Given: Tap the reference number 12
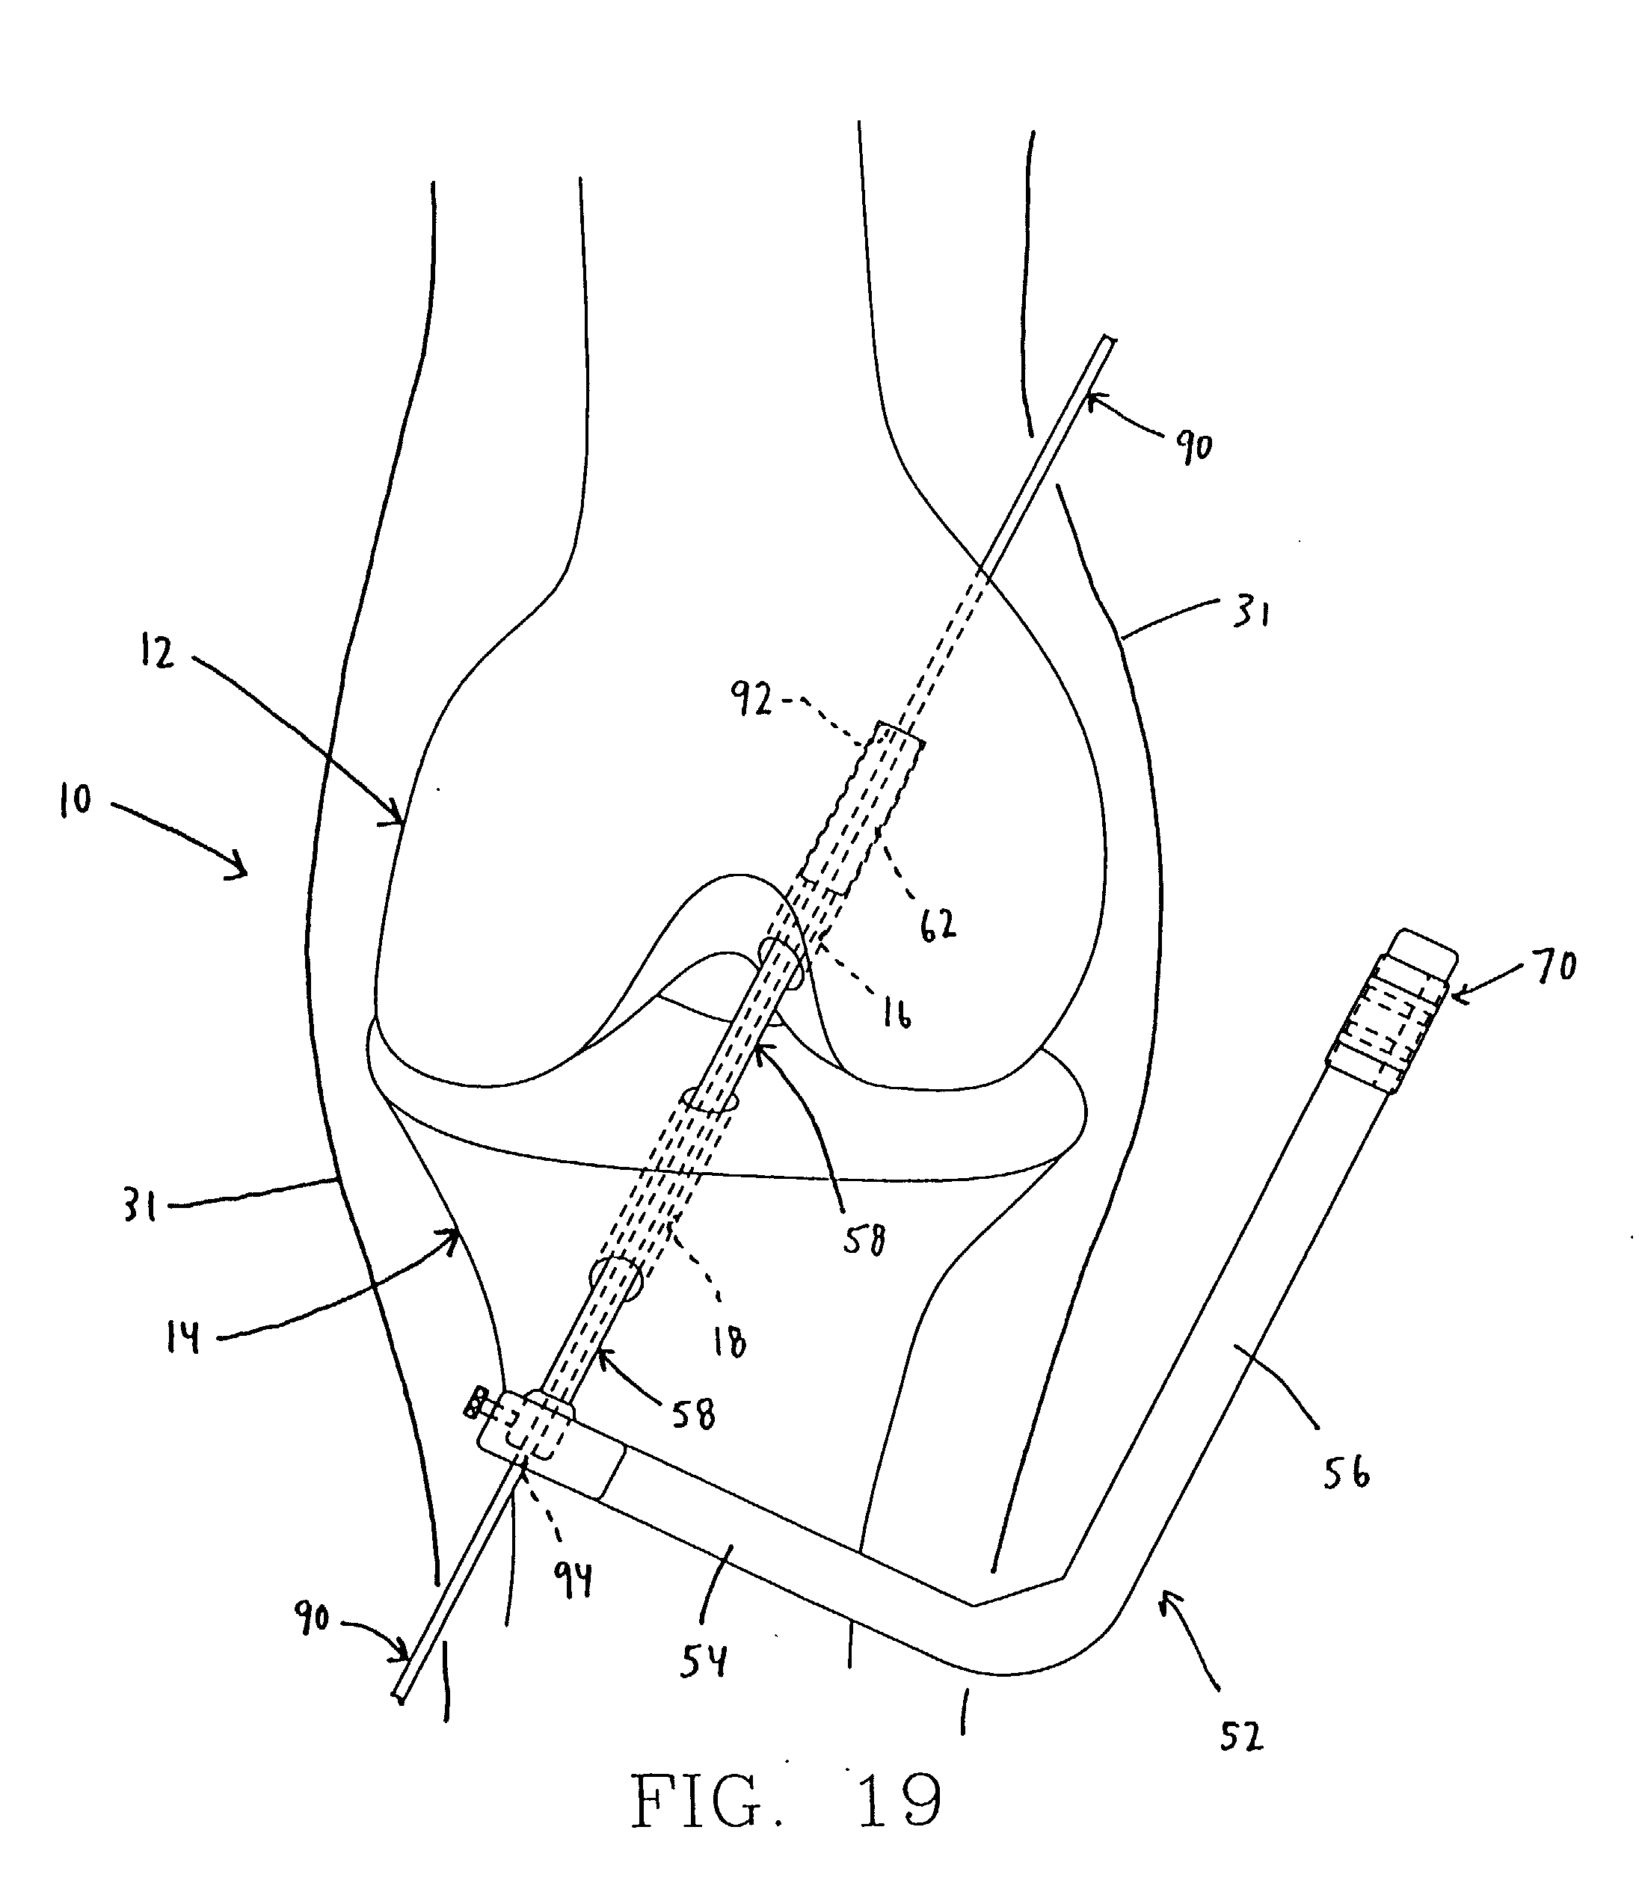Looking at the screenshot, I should [x=157, y=653].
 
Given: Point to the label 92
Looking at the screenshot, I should [x=751, y=700].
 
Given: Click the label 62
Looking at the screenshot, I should [x=938, y=925].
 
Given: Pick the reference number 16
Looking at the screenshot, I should [x=897, y=1014].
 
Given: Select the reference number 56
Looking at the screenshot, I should [x=1347, y=1473].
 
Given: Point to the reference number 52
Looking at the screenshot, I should [x=1241, y=1737].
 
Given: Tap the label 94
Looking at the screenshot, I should [x=574, y=1580].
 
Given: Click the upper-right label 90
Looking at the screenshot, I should [x=1193, y=447].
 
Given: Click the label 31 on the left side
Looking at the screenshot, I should [x=140, y=1207].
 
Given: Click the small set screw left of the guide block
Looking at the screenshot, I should [x=475, y=1402].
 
